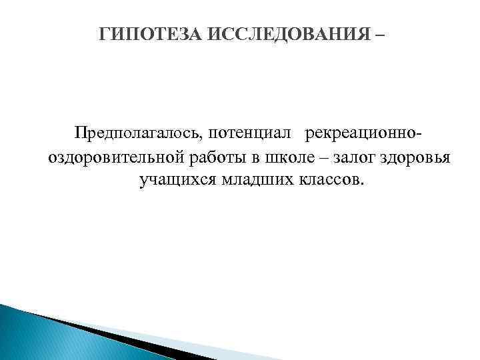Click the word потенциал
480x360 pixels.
tap(249, 133)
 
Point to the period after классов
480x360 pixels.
tap(363, 184)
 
